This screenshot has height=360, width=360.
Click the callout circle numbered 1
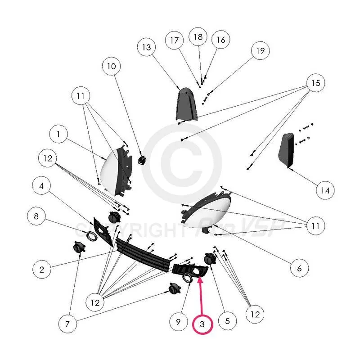coord(58,135)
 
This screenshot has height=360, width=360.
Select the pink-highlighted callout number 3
coord(203,324)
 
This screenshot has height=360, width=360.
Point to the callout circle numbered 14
coord(325,190)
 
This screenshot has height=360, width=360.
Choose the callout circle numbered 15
coord(315,83)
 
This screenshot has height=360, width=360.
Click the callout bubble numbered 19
coord(260,51)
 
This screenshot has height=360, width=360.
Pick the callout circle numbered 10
coord(111,67)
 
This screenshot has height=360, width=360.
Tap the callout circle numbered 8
coord(36,216)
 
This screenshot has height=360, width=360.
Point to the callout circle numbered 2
coord(42,270)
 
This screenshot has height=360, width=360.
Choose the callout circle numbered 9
coord(178,322)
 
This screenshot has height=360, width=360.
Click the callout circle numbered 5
coord(227,321)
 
